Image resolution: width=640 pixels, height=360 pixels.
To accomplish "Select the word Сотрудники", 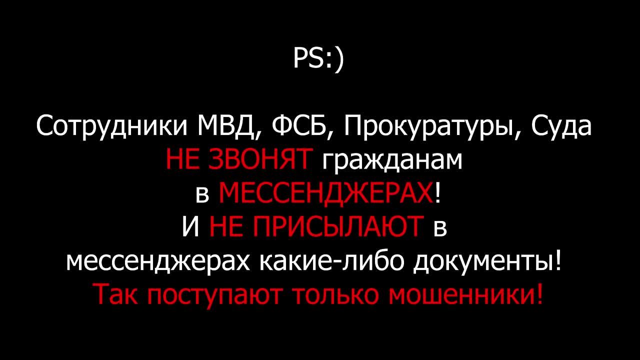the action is [x=111, y=127].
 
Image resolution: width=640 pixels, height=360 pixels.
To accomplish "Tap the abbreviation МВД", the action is [x=226, y=127].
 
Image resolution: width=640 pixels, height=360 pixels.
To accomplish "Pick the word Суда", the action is [x=561, y=127].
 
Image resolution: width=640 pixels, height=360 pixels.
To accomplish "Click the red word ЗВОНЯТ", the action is [x=259, y=159].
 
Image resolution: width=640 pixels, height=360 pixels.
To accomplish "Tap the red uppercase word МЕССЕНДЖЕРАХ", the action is [x=325, y=193].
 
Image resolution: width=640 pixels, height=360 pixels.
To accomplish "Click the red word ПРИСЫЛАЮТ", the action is [x=316, y=226].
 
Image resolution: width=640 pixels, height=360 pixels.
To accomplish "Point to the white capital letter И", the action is [x=190, y=226].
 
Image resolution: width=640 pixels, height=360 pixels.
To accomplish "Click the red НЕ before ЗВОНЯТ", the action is [x=182, y=159].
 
